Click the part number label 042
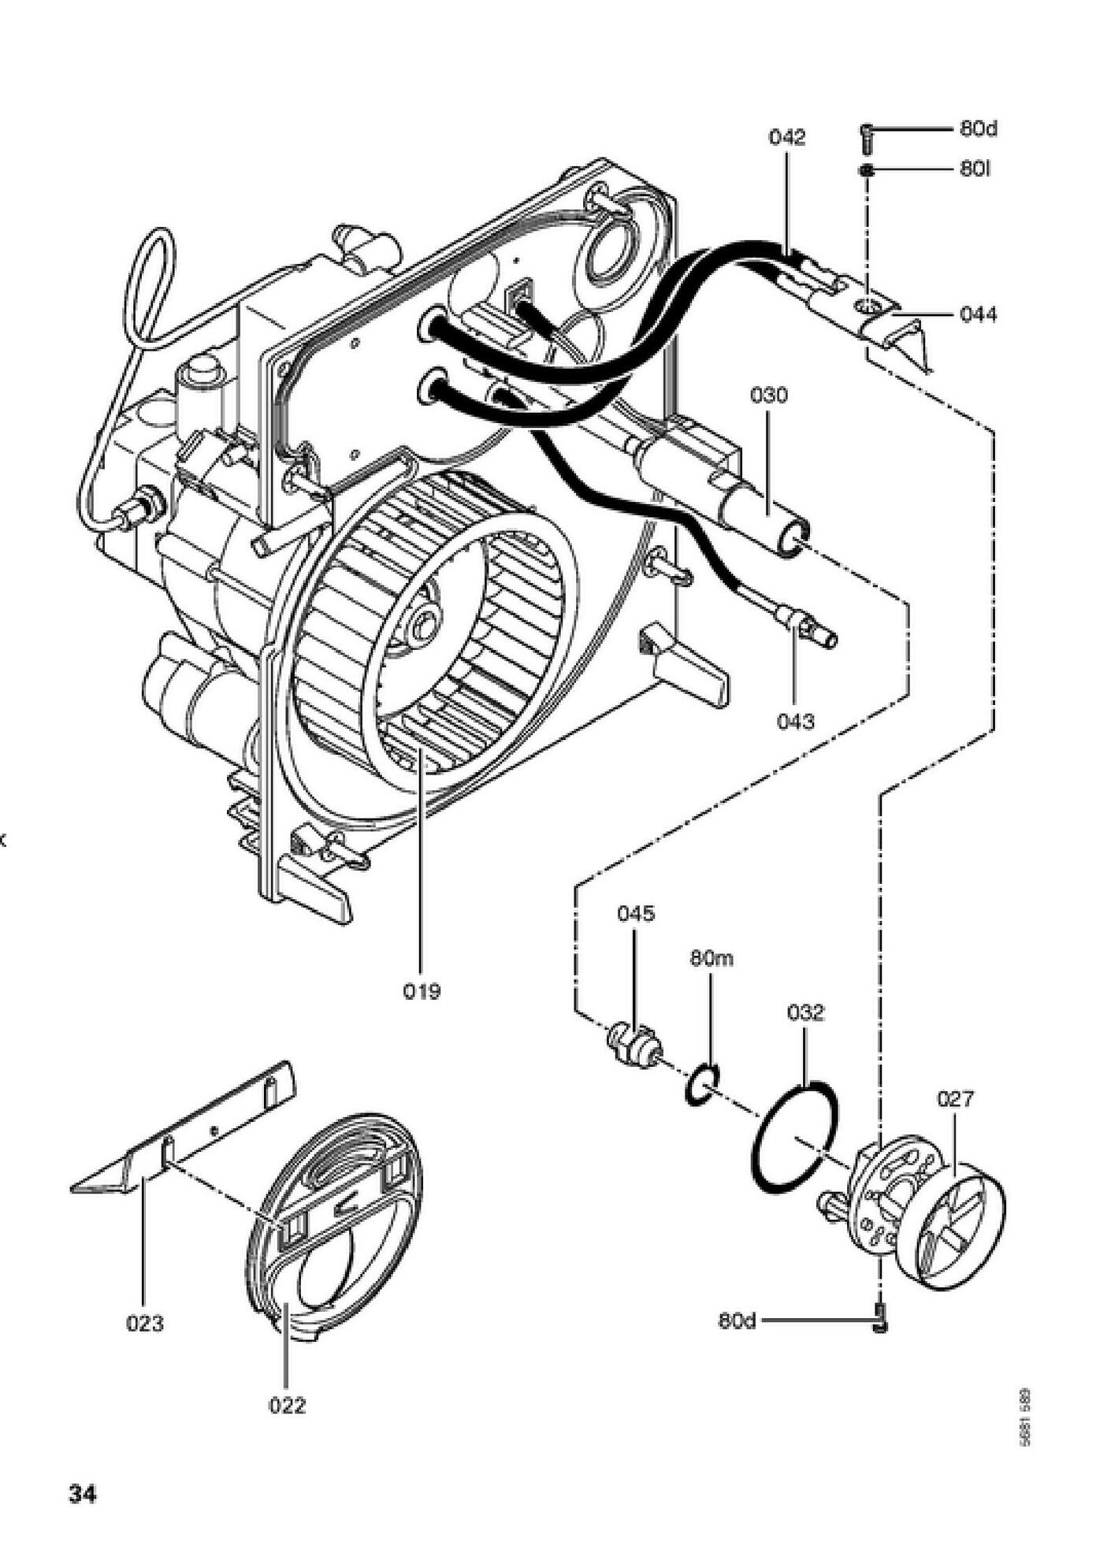pyautogui.click(x=787, y=138)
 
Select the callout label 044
pyautogui.click(x=978, y=315)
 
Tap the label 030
pyautogui.click(x=768, y=395)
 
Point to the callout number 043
pyautogui.click(x=795, y=721)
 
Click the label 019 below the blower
pyautogui.click(x=422, y=991)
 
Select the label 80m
pyautogui.click(x=712, y=959)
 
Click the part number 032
pyautogui.click(x=805, y=1012)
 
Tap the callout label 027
pyautogui.click(x=955, y=1098)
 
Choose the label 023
pyautogui.click(x=145, y=1324)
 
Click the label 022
pyautogui.click(x=287, y=1405)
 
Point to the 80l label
pyautogui.click(x=975, y=169)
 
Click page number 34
pyautogui.click(x=83, y=1494)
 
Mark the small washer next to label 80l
pyautogui.click(x=867, y=170)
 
